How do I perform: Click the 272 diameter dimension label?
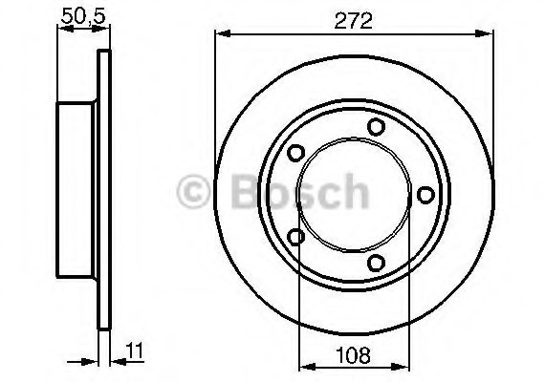pos(353,21)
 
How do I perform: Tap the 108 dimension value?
pos(353,355)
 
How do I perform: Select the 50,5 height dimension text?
pos(83,16)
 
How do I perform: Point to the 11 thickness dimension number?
pos(135,350)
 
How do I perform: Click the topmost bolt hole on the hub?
pos(376,127)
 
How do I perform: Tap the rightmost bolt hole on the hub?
pos(425,195)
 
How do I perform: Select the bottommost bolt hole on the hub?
pos(376,263)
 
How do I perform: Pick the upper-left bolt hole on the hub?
pos(296,153)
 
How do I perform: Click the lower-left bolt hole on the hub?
pos(296,237)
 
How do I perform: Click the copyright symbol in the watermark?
pos(193,191)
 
